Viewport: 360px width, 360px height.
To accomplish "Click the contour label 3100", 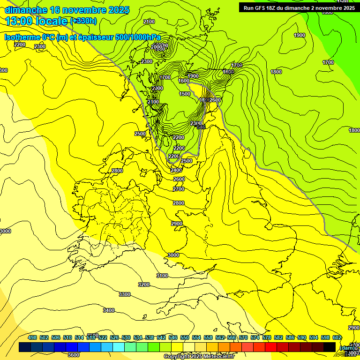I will (x=162, y=276).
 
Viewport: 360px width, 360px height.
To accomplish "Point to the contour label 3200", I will (x=144, y=285).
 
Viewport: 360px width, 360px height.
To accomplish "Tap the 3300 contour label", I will (x=125, y=294).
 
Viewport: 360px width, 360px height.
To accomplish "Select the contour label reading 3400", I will (x=109, y=310).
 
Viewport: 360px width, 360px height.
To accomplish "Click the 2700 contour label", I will (x=179, y=189).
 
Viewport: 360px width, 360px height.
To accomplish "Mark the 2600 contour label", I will (x=179, y=179).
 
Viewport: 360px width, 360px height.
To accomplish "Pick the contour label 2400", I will (x=177, y=170).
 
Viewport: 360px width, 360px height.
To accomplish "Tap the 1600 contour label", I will (x=184, y=81).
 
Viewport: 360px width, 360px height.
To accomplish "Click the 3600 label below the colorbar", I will (x=74, y=355).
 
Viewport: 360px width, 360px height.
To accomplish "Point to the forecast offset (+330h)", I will (x=83, y=21).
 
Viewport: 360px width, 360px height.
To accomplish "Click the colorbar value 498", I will (x=32, y=337).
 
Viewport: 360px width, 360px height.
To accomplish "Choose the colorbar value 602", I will (x=337, y=337).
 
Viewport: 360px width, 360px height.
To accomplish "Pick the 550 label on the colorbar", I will (x=185, y=337).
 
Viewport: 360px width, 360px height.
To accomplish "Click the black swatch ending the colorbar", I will (x=330, y=347).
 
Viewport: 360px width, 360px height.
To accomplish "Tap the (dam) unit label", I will (x=347, y=347).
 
